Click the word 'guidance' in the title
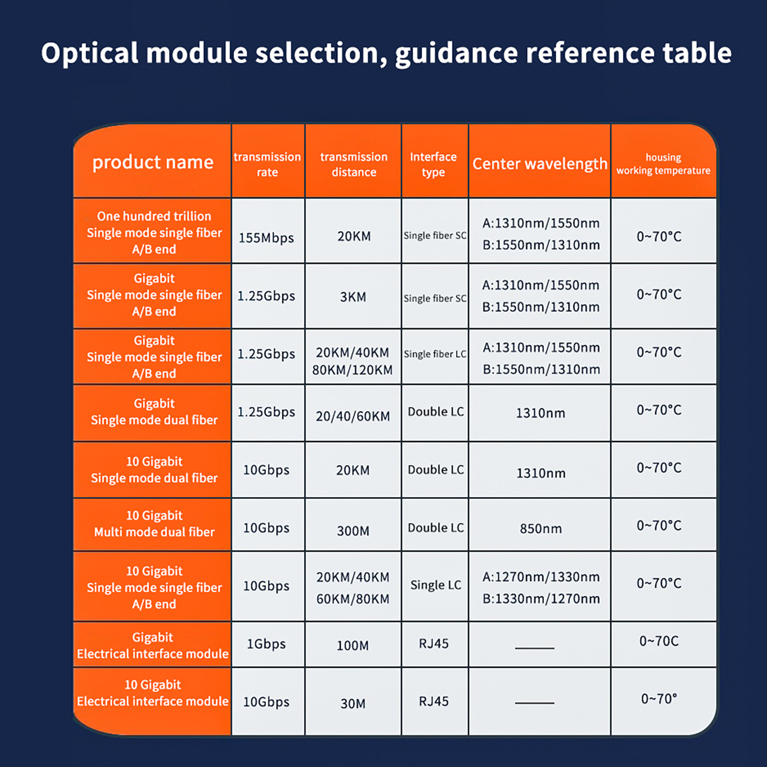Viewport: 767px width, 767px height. [x=456, y=54]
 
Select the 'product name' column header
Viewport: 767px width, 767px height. [x=153, y=162]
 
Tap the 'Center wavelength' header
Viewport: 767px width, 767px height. [x=540, y=164]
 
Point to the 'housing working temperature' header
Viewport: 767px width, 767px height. [x=663, y=164]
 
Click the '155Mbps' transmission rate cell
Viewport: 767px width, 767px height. [x=267, y=238]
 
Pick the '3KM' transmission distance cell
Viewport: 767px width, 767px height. [x=353, y=297]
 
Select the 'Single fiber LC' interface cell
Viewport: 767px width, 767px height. [x=435, y=354]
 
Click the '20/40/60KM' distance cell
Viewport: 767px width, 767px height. [x=353, y=416]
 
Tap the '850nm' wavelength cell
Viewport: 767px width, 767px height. [x=541, y=528]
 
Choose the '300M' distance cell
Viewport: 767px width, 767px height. [x=353, y=531]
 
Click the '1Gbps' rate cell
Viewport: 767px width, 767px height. [x=267, y=644]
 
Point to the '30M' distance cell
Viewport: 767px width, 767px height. [x=353, y=703]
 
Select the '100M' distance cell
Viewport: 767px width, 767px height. [x=353, y=645]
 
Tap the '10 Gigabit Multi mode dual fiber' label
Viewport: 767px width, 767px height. [x=154, y=523]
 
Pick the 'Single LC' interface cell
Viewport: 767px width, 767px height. [x=436, y=585]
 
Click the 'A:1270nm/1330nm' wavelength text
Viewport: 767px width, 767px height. [x=541, y=577]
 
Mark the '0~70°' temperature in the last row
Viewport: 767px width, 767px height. [x=659, y=699]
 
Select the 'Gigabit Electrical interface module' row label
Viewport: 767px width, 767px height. [x=153, y=645]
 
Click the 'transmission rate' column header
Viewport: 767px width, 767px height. [x=267, y=164]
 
